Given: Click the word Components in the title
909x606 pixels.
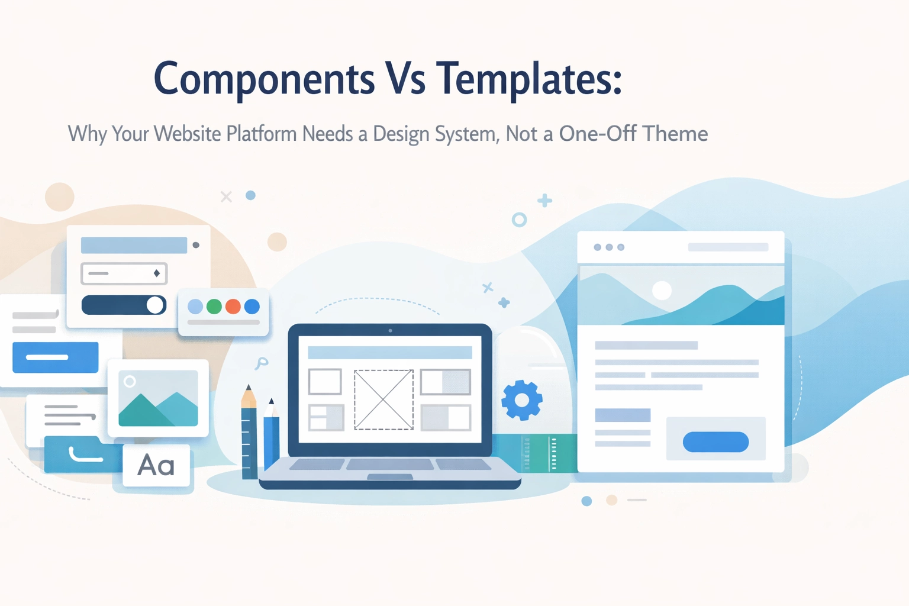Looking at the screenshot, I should (x=264, y=79).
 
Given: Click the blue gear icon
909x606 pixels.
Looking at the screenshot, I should (x=521, y=401).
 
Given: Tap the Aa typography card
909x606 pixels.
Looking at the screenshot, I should (x=156, y=466).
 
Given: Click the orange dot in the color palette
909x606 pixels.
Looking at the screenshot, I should (x=233, y=307).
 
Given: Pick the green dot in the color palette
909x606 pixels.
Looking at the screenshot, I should (x=214, y=307).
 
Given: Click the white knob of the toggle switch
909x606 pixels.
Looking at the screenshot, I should (x=155, y=305).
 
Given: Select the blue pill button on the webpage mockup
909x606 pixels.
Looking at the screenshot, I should (x=715, y=442).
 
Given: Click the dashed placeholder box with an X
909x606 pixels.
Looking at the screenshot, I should (x=383, y=399).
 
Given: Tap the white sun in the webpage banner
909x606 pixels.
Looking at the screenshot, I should (x=662, y=290).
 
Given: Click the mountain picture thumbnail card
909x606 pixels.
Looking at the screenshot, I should (x=158, y=398).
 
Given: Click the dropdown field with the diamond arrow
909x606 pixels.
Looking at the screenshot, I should (x=124, y=273).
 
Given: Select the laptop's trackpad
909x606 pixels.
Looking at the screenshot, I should (x=390, y=477).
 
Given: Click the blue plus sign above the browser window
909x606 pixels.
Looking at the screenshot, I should (x=544, y=201).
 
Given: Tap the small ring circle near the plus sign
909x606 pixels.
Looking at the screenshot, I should (x=519, y=220).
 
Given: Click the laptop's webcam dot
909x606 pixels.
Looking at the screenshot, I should (x=390, y=330).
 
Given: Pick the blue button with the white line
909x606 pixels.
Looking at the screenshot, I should (x=55, y=357).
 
